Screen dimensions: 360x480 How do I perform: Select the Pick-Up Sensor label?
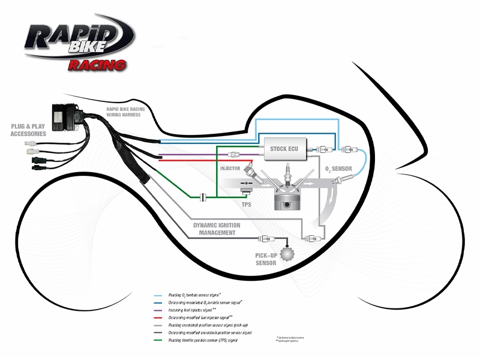[x=266, y=259]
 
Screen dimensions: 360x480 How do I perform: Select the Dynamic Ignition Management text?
[x=216, y=229]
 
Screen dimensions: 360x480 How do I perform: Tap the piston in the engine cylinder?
[x=286, y=198]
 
